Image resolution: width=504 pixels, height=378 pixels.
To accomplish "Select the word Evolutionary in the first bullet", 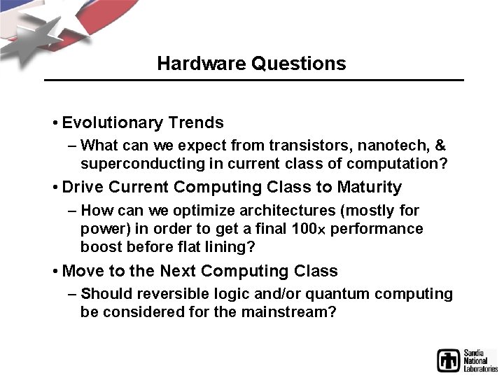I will (x=113, y=123).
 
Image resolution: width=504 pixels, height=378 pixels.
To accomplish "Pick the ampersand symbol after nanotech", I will (x=440, y=146).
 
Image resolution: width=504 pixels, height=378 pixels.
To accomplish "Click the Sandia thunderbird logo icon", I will (x=449, y=360).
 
